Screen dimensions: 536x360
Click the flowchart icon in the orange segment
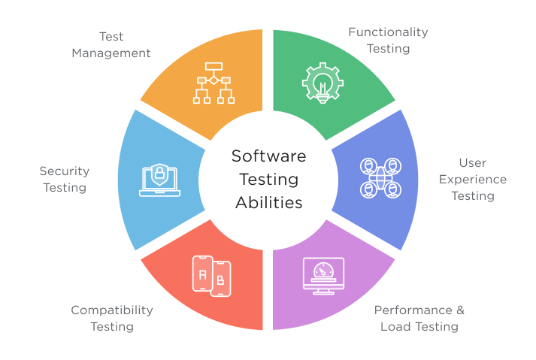point(213,83)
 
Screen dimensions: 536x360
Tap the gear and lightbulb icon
point(323,83)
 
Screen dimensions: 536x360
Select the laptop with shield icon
point(159,180)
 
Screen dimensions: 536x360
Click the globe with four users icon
point(380,178)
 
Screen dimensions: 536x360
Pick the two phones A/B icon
point(211,276)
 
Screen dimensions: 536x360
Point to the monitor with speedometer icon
point(323,276)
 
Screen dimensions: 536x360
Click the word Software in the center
point(268,156)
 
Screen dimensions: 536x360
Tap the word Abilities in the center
point(269,203)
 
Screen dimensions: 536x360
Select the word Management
point(111,53)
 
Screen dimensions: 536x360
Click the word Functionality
point(388,32)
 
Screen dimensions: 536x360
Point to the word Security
point(64,171)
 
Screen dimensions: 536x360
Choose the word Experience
point(473,180)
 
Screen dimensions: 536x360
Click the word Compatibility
point(112,310)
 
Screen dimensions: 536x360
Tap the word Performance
point(413,310)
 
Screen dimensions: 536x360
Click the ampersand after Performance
point(461,310)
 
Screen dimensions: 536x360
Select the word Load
point(393,327)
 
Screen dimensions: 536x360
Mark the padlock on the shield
point(159,173)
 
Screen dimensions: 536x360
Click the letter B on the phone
point(220,280)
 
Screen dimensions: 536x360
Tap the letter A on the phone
point(203,275)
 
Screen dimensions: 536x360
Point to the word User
point(473,163)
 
